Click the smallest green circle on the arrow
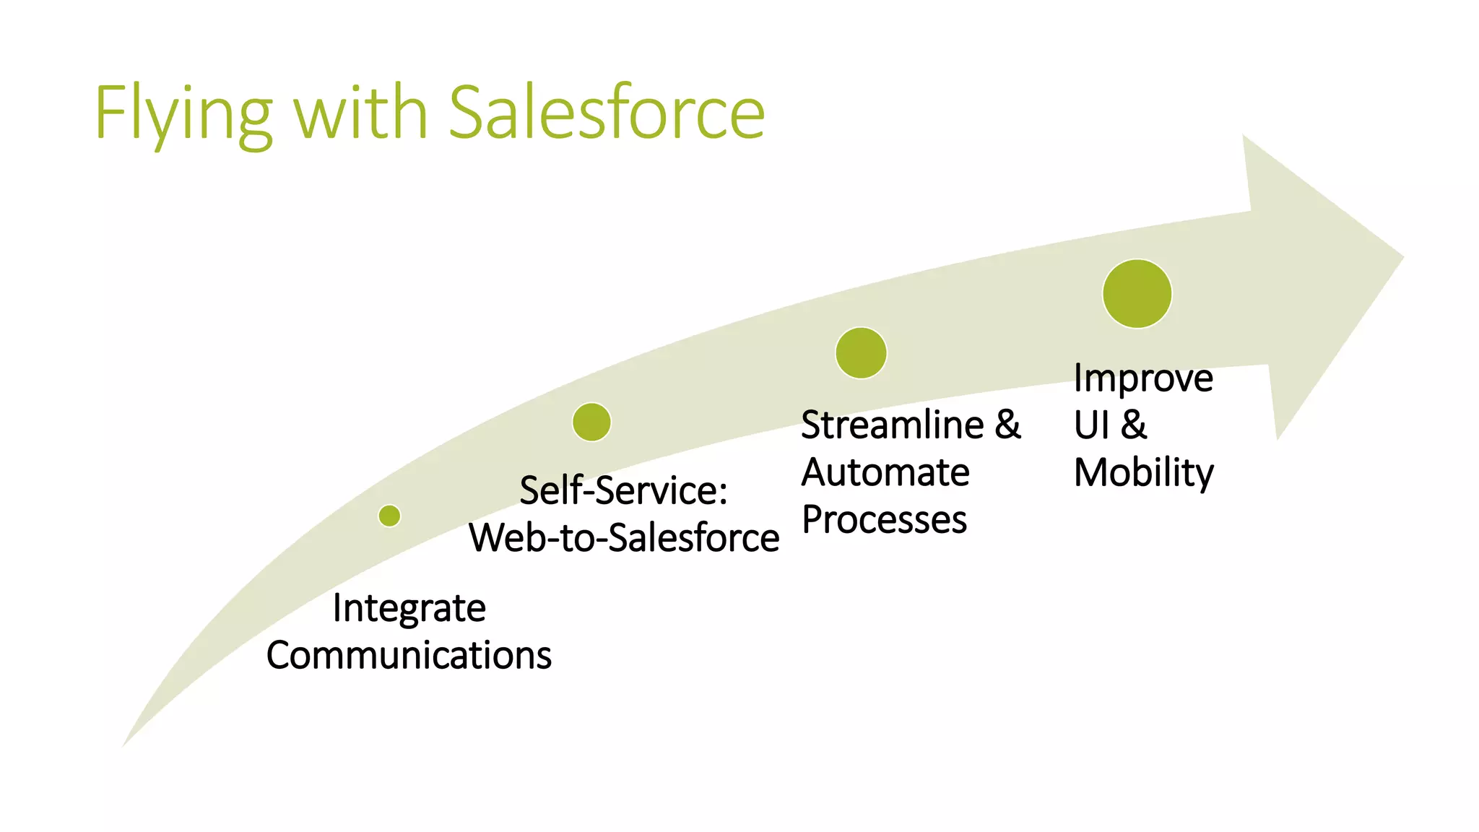[389, 516]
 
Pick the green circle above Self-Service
[591, 422]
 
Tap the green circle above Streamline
[861, 353]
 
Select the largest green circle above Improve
[1137, 294]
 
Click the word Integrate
[409, 608]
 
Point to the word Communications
[409, 655]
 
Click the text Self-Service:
[623, 490]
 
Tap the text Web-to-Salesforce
[624, 538]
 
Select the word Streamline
[892, 425]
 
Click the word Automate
[885, 472]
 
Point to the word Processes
[884, 520]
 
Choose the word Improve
[1142, 378]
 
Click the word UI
[1091, 425]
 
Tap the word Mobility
[1143, 473]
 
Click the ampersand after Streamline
[1007, 425]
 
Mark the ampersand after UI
[1134, 425]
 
